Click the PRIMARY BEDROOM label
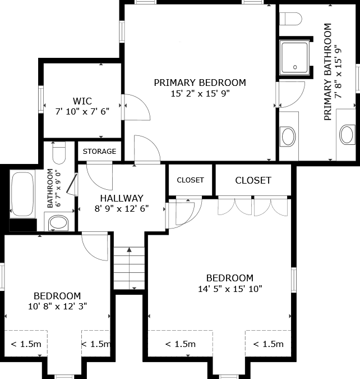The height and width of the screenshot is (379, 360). click(x=200, y=83)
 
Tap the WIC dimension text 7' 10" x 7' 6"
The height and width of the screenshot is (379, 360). click(x=82, y=111)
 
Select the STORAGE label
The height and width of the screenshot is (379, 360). click(x=99, y=151)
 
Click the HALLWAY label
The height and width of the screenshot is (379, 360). click(x=122, y=198)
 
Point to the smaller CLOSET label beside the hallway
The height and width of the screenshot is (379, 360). click(x=190, y=180)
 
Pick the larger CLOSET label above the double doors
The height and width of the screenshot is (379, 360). click(x=253, y=180)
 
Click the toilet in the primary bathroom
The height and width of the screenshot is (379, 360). click(x=290, y=19)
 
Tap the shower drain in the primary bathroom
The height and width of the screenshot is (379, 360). click(x=295, y=67)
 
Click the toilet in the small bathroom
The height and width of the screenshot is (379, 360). click(x=59, y=153)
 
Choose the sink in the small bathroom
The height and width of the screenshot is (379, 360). click(x=58, y=222)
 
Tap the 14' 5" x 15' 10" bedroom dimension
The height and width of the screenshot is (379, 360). click(x=230, y=289)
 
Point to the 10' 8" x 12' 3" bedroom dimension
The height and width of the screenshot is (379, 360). click(x=57, y=307)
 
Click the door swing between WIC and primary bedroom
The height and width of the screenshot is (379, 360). click(x=137, y=107)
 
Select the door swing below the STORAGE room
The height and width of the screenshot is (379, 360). click(x=99, y=177)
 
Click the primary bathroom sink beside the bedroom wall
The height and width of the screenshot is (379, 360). click(x=289, y=136)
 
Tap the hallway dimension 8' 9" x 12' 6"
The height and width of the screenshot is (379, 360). click(x=122, y=209)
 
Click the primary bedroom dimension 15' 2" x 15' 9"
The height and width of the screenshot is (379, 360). click(x=200, y=94)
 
